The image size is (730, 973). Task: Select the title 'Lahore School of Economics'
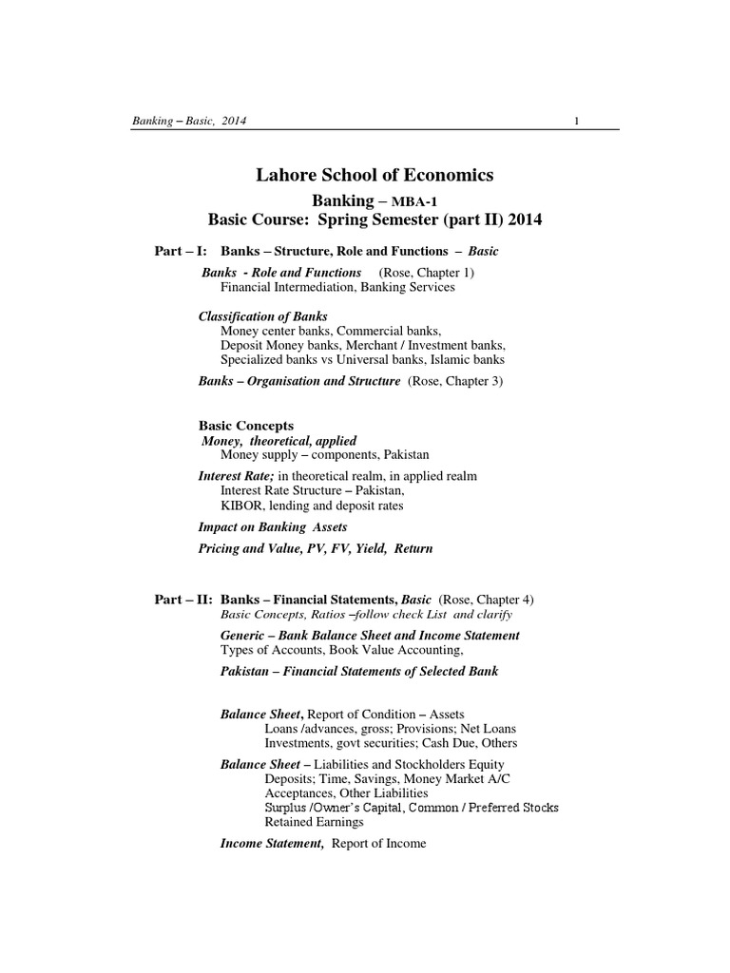(375, 175)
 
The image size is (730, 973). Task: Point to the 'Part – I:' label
(181, 251)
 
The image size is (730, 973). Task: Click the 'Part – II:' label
(183, 600)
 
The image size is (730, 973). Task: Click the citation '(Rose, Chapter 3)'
(457, 380)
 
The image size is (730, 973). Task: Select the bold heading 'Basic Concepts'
(245, 426)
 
